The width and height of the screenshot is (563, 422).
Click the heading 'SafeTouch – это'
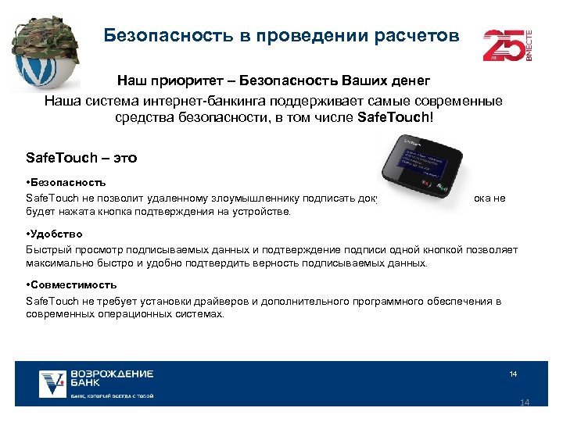tap(81, 158)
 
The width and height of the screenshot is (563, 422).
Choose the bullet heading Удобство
tap(57, 234)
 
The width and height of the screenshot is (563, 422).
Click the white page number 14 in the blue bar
tap(513, 374)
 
